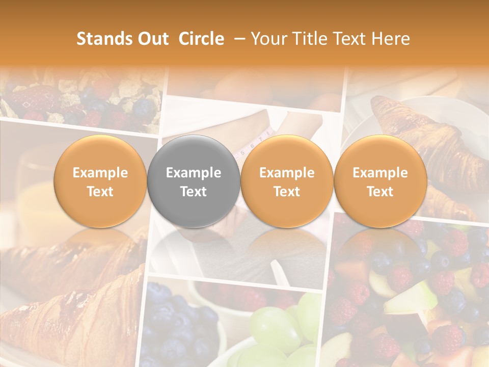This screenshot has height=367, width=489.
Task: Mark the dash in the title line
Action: click(x=237, y=39)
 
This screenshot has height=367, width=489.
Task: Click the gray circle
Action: click(x=194, y=181)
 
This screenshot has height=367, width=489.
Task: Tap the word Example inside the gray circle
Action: click(x=194, y=173)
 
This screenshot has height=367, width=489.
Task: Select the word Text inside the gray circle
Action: click(x=194, y=192)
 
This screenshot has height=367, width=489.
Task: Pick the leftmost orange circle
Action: click(x=100, y=181)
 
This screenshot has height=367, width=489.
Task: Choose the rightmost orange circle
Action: click(x=381, y=181)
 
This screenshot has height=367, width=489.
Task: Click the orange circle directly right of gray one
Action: click(x=287, y=181)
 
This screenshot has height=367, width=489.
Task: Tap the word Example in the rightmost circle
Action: click(x=381, y=173)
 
